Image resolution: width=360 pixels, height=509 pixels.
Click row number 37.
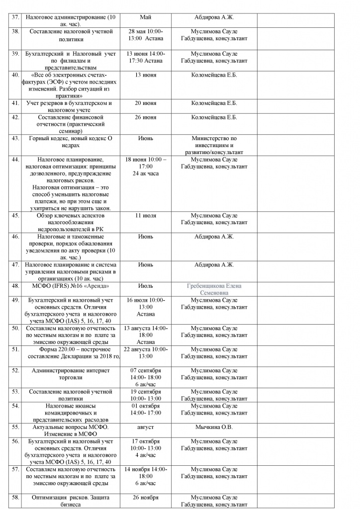pos(15,17)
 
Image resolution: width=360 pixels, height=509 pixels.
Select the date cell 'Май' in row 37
pos(146,17)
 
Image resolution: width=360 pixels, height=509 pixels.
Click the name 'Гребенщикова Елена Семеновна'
pos(214,290)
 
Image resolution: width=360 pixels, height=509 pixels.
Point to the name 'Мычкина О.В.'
pos(214,427)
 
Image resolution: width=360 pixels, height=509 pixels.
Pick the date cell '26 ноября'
pos(146,498)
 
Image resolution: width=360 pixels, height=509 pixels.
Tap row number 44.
pos(15,160)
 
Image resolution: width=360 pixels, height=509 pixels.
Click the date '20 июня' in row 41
pos(146,103)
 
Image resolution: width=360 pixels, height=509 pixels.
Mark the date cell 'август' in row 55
pos(146,427)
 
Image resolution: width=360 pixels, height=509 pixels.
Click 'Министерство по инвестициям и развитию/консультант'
pos(214,145)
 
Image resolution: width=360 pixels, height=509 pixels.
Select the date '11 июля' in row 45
pos(146,216)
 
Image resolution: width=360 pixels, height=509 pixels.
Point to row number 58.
pos(15,498)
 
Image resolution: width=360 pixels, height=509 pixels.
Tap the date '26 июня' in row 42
pos(146,117)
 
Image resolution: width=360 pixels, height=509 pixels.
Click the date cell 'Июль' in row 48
pos(146,286)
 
